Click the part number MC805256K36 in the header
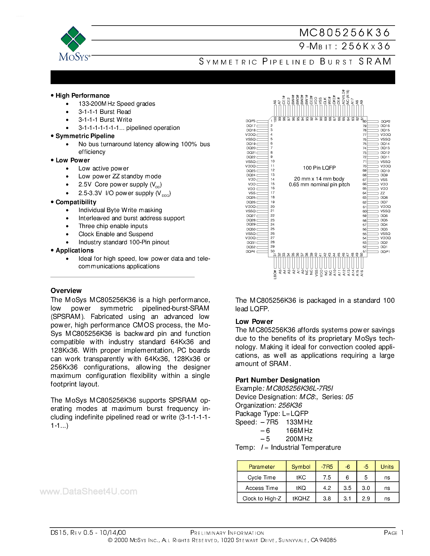pos(344,33)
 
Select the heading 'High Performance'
pos(83,96)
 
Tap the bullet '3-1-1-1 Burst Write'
pos(105,120)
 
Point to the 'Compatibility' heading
pos(76,202)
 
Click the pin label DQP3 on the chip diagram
pos(250,121)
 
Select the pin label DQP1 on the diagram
pos(385,252)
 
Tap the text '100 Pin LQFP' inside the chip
pos(319,168)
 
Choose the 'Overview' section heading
pos(66,291)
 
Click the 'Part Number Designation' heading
pos(277,380)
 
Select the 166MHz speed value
pos(299,431)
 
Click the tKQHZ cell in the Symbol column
pos(301,498)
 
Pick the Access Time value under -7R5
pos(327,488)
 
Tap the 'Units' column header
pos(387,467)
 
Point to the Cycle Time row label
pos(261,478)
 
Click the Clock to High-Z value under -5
pos(366,498)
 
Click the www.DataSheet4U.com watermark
pos(88,491)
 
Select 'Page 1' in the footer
pos(393,533)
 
